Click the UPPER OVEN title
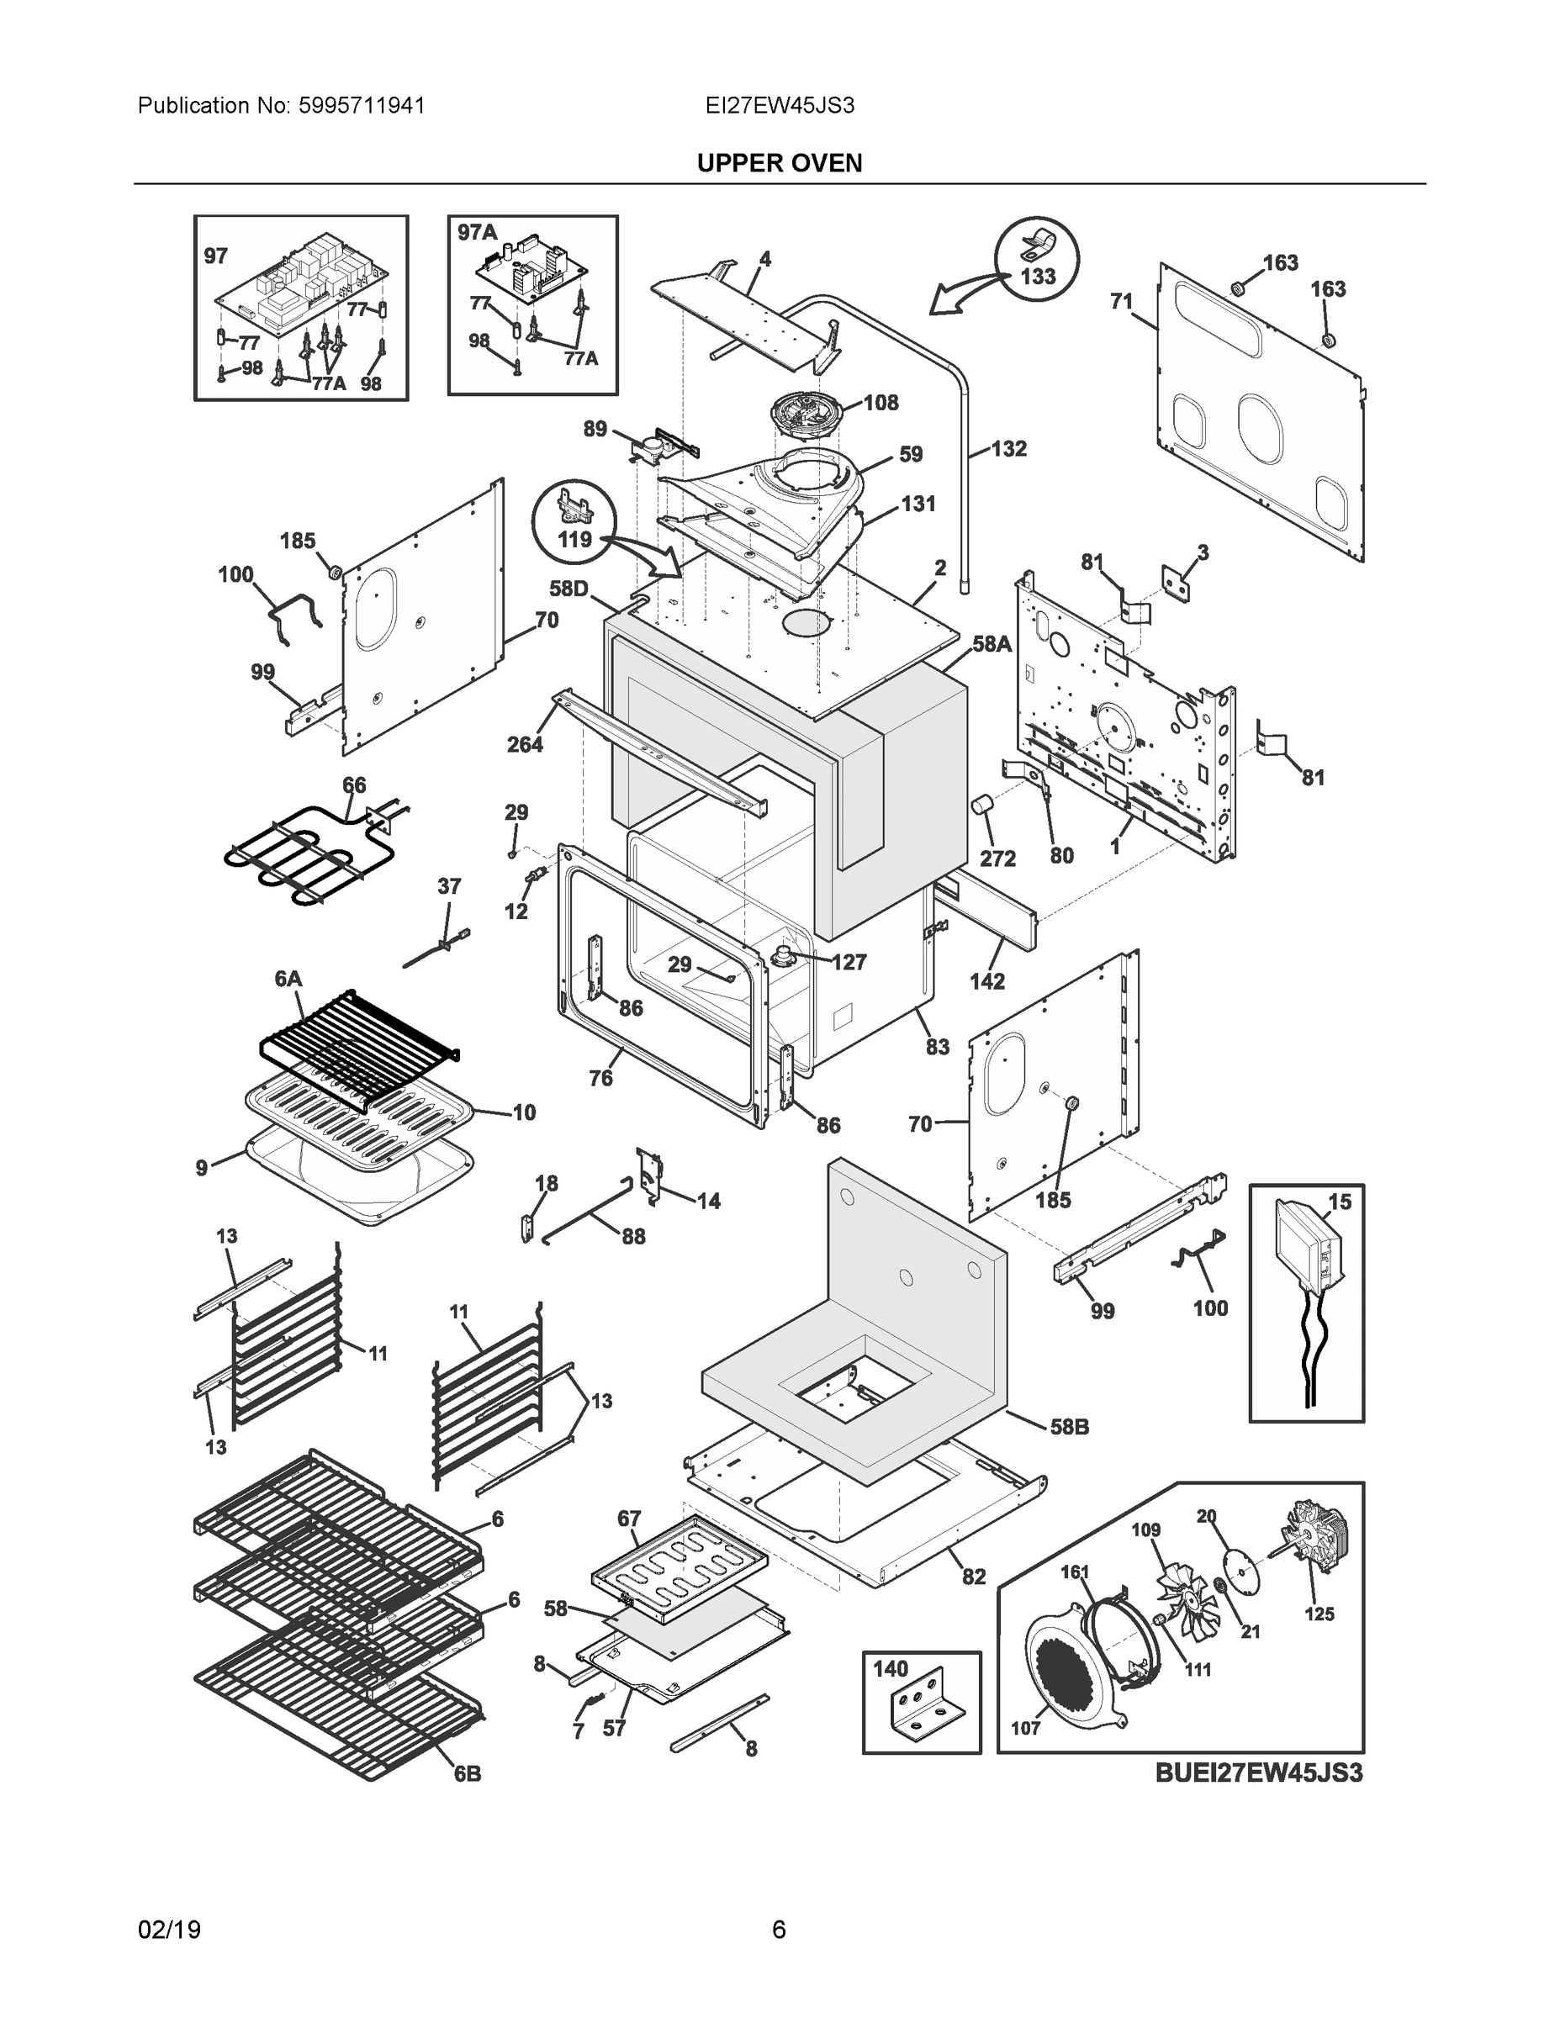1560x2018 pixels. click(x=779, y=164)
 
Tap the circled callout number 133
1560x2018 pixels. click(x=1038, y=277)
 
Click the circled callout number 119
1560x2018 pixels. click(x=575, y=538)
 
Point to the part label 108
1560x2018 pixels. click(x=880, y=403)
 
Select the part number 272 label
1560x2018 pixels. click(x=997, y=858)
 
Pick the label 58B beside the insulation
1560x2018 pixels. click(x=1069, y=1427)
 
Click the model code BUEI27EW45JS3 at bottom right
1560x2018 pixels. click(x=1259, y=1773)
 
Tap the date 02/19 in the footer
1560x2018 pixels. click(x=169, y=1931)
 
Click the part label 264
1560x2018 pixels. click(x=525, y=744)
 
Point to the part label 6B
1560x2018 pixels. click(x=467, y=1774)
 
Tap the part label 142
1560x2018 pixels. click(x=987, y=981)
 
